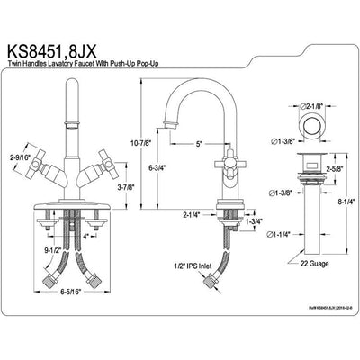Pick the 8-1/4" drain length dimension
point(345,203)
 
